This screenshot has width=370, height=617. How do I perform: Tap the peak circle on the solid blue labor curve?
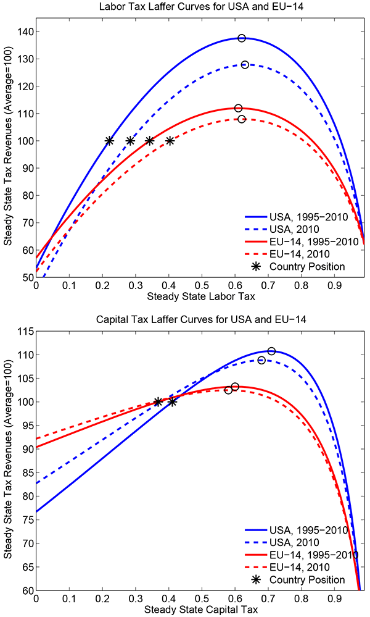pyautogui.click(x=242, y=38)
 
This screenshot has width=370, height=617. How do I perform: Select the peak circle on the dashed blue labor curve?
pyautogui.click(x=245, y=65)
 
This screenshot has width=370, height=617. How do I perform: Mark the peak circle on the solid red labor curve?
pyautogui.click(x=238, y=108)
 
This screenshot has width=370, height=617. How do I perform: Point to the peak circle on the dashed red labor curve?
pyautogui.click(x=242, y=119)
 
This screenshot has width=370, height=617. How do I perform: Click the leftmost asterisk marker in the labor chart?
pyautogui.click(x=109, y=141)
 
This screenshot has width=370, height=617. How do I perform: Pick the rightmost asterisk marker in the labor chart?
pyautogui.click(x=170, y=141)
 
